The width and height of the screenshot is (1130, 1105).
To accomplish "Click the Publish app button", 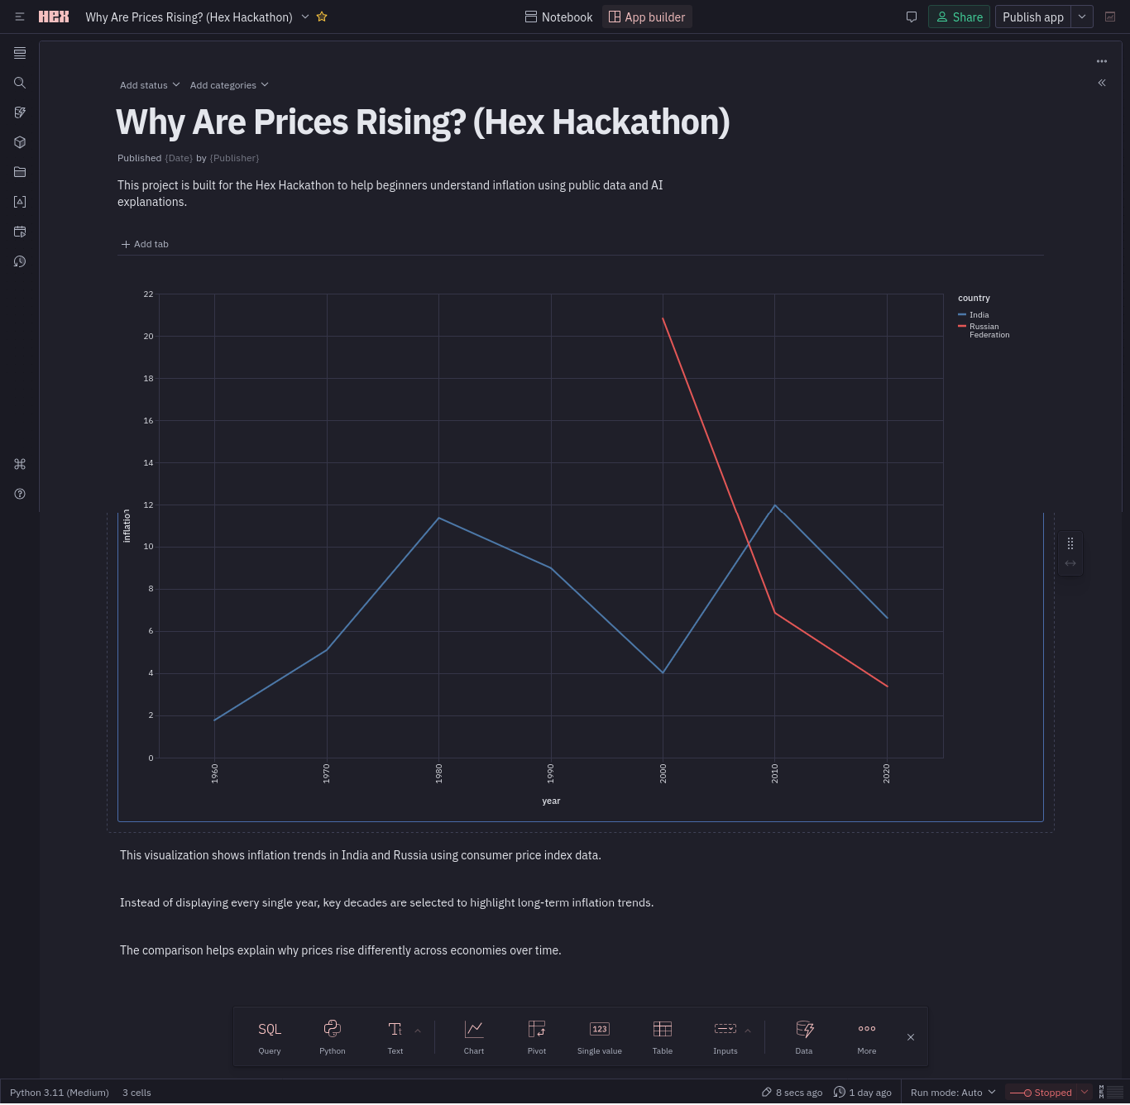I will (1032, 17).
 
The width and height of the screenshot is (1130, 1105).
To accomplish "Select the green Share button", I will (959, 17).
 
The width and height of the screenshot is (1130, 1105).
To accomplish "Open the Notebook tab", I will (559, 17).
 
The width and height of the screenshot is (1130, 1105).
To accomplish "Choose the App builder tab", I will (647, 17).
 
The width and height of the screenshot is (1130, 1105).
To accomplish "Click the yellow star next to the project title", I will (322, 17).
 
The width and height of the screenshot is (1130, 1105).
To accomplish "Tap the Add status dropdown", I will (149, 85).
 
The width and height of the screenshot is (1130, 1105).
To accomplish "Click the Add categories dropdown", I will (228, 85).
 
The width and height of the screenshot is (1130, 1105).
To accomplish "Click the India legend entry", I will (979, 315).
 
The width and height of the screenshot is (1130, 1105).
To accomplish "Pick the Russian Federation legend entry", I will (989, 331).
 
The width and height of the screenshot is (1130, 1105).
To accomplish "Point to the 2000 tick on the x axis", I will (663, 773).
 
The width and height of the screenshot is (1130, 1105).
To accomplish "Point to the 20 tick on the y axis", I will (149, 336).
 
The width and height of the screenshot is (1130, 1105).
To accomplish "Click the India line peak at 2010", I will (775, 505).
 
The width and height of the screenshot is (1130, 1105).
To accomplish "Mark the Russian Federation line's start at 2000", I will (663, 318).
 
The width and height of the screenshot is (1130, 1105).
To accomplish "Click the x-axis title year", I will (551, 801).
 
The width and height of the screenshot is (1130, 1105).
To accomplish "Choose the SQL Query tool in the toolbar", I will (270, 1036).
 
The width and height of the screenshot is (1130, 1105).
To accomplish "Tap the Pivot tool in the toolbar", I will (537, 1036).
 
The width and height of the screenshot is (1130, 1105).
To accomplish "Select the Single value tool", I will (600, 1036).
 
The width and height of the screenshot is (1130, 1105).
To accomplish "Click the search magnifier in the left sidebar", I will (20, 83).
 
